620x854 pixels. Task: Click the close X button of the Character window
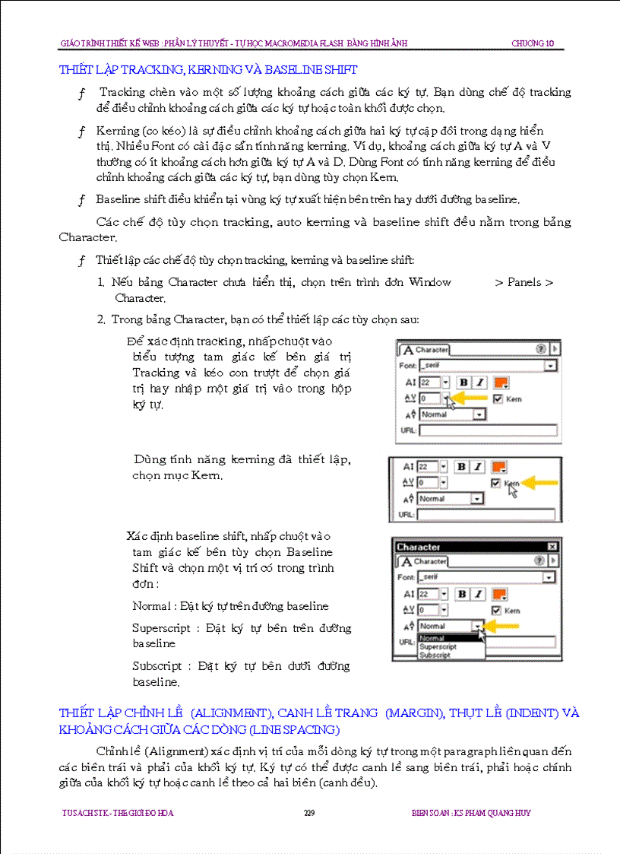point(552,547)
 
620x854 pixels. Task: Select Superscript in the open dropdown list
point(438,647)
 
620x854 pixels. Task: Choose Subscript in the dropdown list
point(435,655)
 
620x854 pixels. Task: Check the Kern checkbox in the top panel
point(498,398)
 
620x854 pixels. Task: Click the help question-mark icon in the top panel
point(540,349)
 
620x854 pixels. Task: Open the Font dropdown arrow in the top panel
point(549,366)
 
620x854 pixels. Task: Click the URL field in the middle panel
point(486,515)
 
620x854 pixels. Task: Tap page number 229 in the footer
point(309,813)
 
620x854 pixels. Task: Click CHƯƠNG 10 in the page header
point(532,43)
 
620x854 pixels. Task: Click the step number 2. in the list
point(101,319)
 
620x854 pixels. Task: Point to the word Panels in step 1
point(524,282)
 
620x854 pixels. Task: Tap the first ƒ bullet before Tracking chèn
point(81,93)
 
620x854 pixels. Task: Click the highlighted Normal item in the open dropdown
point(432,639)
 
